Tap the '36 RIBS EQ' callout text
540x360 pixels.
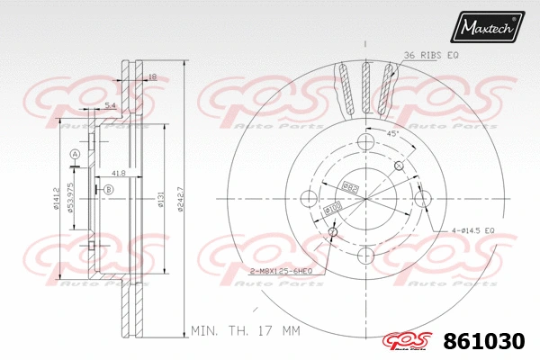tap(431, 56)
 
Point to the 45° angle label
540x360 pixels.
tap(392, 134)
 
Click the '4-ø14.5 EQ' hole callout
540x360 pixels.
tap(468, 231)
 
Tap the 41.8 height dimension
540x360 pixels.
tap(118, 171)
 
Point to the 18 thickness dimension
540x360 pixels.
tap(152, 77)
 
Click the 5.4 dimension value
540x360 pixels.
tap(110, 107)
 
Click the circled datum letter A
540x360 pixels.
tap(76, 156)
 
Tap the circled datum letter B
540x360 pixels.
tap(108, 189)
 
